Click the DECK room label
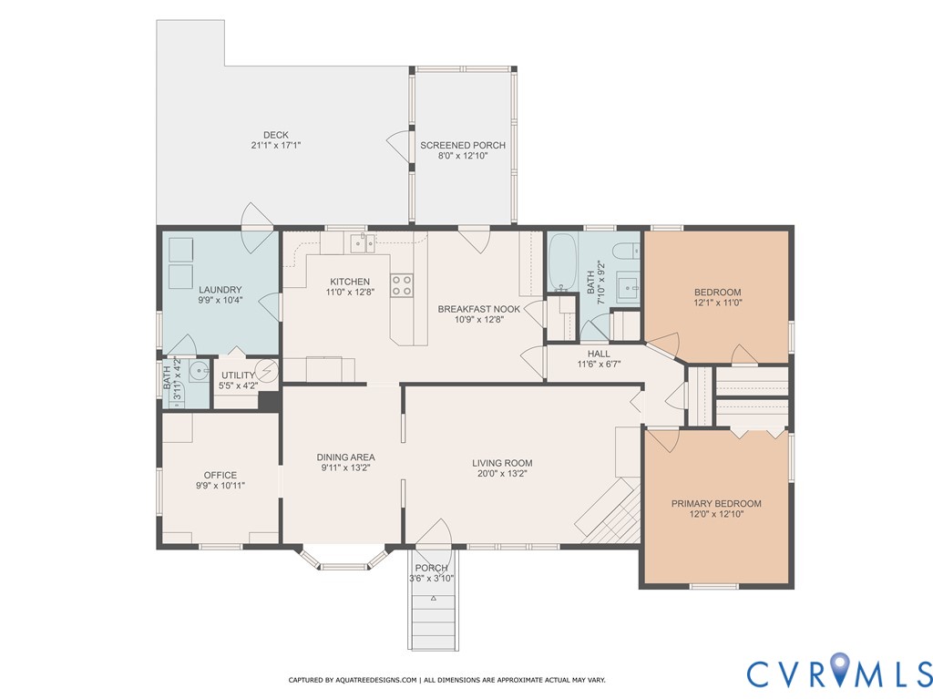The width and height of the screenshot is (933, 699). pyautogui.click(x=275, y=135)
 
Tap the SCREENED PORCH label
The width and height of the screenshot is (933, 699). pyautogui.click(x=463, y=145)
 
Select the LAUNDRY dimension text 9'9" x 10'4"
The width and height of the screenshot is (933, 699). pyautogui.click(x=220, y=301)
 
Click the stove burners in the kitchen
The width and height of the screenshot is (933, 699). pyautogui.click(x=402, y=285)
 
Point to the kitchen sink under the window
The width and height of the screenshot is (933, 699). pyautogui.click(x=363, y=243)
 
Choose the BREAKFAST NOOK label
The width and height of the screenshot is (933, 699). pyautogui.click(x=479, y=309)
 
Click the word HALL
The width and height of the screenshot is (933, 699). pyautogui.click(x=599, y=354)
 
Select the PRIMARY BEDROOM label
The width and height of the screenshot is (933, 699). pyautogui.click(x=716, y=504)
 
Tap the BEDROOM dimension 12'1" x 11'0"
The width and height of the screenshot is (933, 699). pyautogui.click(x=718, y=303)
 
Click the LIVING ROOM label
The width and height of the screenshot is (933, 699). pyautogui.click(x=502, y=463)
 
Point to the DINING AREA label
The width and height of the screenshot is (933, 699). pyautogui.click(x=345, y=457)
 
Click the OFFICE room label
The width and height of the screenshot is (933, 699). pyautogui.click(x=220, y=475)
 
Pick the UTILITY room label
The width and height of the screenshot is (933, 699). pyautogui.click(x=238, y=375)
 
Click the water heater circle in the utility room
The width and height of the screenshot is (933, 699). pyautogui.click(x=267, y=370)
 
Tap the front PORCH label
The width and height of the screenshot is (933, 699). pyautogui.click(x=431, y=568)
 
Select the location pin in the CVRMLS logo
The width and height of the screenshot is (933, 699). pyautogui.click(x=840, y=667)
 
